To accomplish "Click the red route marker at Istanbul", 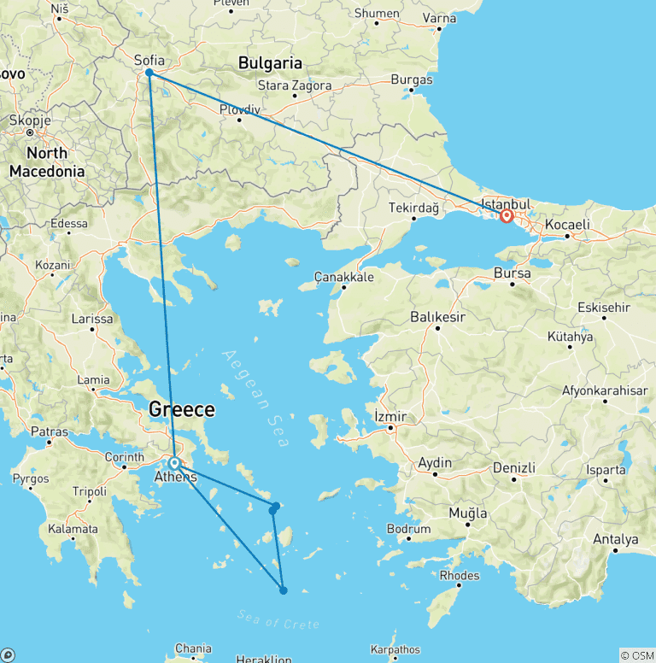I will pos(507,216).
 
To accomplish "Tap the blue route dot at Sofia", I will pos(149,73).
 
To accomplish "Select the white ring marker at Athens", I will pos(174,463).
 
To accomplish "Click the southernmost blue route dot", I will pos(283,590).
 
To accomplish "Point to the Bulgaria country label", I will pos(270,62).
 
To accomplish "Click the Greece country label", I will pos(181,409).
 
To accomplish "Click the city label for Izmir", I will pos(391,416).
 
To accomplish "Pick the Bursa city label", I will pos(512,273).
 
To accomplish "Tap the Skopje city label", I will pos(31,120).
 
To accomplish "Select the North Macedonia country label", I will pos(47,162).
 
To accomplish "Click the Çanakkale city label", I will pos(343,277).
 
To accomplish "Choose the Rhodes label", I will pos(460,575).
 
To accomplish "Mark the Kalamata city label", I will pos(73,529).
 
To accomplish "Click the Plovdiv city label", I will pos(238,109).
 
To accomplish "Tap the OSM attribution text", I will pos(637,655).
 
